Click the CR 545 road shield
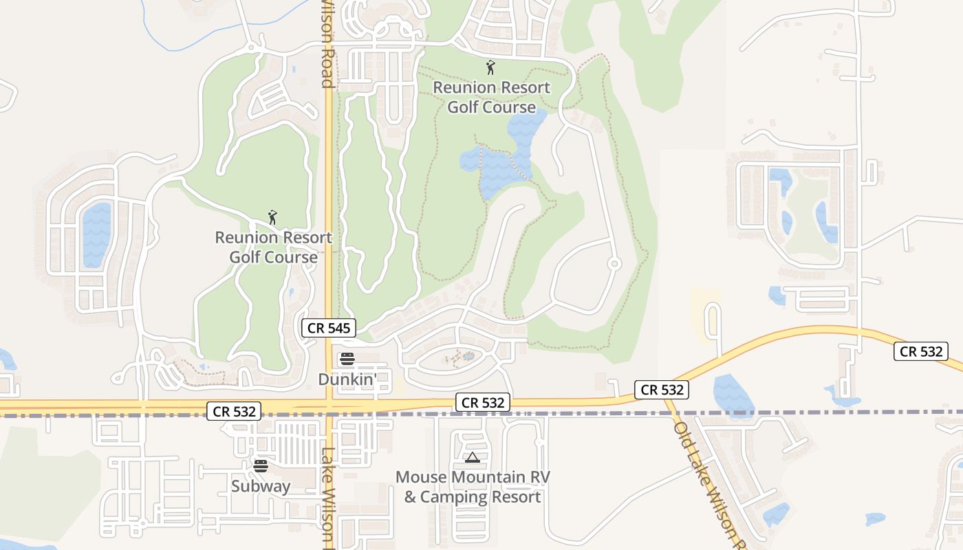click(328, 328)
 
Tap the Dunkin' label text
click(347, 379)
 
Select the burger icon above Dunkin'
click(347, 359)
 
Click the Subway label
click(260, 486)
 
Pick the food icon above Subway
click(260, 466)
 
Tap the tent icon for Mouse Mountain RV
click(472, 457)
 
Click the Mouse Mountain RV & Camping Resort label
click(473, 487)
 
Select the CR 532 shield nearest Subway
click(235, 412)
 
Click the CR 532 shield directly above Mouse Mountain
click(483, 403)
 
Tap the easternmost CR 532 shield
click(921, 351)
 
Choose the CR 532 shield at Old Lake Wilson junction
click(662, 390)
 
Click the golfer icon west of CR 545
click(272, 218)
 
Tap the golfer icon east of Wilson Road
click(490, 67)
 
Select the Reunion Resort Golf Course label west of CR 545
click(274, 247)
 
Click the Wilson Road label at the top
click(328, 45)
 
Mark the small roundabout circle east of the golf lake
click(615, 263)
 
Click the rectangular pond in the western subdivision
click(96, 234)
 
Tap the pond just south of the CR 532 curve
click(733, 395)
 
